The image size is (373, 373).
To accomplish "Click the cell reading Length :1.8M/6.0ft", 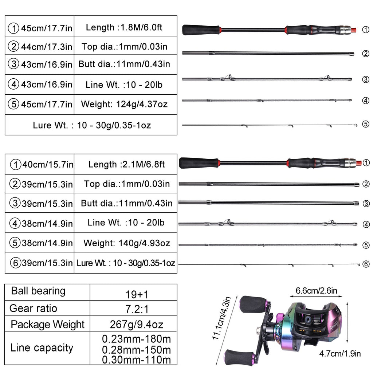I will pyautogui.click(x=125, y=27).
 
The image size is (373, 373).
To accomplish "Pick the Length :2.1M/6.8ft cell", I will pyautogui.click(x=126, y=164).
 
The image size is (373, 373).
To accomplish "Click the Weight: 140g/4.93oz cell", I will pyautogui.click(x=126, y=243).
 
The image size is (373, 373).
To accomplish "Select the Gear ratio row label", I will pyautogui.click(x=33, y=309).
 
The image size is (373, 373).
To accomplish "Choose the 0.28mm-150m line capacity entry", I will pyautogui.click(x=136, y=350).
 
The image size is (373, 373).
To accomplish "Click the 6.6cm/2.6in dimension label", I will pyautogui.click(x=316, y=291).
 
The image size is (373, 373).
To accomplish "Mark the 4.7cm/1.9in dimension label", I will pyautogui.click(x=340, y=353).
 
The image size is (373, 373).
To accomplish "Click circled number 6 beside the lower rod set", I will pyautogui.click(x=366, y=264).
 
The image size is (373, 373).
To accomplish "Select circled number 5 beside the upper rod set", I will pyautogui.click(x=365, y=124).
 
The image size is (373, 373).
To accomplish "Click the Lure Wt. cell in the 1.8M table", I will pyautogui.click(x=91, y=125).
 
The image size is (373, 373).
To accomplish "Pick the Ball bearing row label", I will pyautogui.click(x=38, y=291).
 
